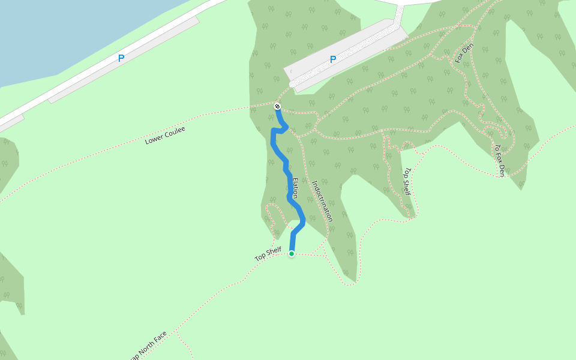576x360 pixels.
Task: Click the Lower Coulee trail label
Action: tap(165, 136)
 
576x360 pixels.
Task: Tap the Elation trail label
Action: tap(295, 187)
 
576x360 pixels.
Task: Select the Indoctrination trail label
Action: tap(322, 201)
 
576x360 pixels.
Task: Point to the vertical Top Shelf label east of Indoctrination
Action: tap(406, 181)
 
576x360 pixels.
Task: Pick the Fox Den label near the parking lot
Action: tap(464, 53)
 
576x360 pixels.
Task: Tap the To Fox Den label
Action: tap(499, 160)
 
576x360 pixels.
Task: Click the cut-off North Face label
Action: tap(149, 346)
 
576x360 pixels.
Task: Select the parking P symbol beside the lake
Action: tap(121, 58)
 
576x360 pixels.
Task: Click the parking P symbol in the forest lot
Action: tap(333, 59)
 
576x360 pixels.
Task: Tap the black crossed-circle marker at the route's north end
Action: tap(277, 106)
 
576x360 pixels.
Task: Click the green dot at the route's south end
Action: tap(292, 254)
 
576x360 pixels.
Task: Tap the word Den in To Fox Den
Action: tap(501, 170)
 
